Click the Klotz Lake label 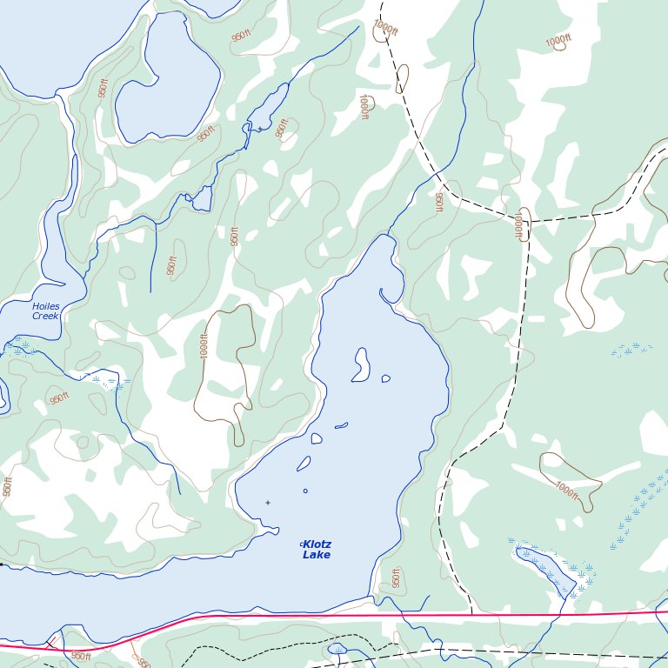pos(317,549)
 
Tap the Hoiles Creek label pos(45,311)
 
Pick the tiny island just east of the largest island pos(385,378)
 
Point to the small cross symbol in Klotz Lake pos(267,502)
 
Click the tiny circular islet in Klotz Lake pos(305,491)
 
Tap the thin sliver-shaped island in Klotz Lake pos(341,425)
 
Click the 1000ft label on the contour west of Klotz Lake pos(204,346)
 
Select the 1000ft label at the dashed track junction pos(518,224)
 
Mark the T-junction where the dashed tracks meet pos(527,222)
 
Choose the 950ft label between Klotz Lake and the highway pos(395,577)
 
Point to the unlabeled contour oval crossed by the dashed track pos(402,78)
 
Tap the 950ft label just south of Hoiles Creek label pos(58,398)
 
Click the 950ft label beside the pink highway pos(80,656)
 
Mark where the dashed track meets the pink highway pos(471,614)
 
